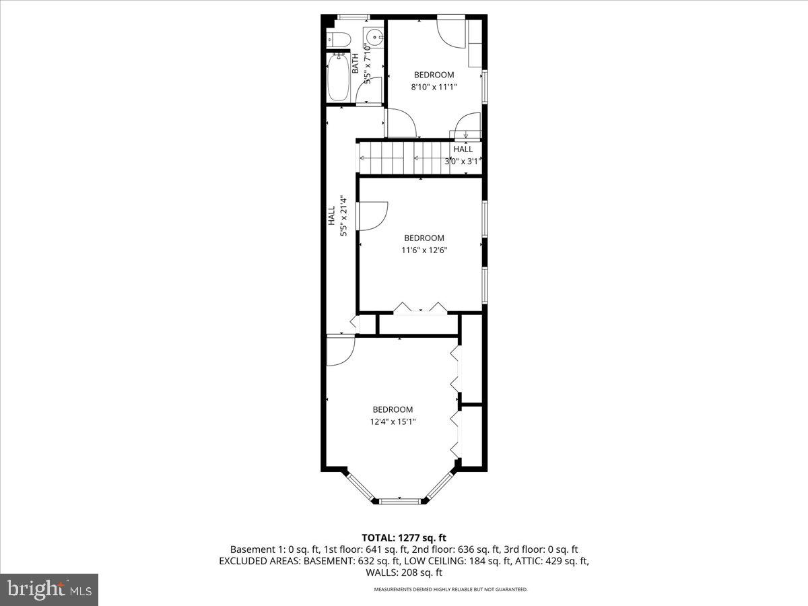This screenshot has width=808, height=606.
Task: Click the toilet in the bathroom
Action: click(337, 39)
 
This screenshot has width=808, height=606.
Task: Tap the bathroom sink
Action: click(373, 36)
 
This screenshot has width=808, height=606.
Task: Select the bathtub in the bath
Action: click(338, 77)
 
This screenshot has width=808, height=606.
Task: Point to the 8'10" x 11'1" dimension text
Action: click(433, 87)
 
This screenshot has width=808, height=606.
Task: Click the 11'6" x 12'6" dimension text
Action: click(424, 250)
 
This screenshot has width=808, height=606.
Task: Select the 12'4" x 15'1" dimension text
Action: click(393, 422)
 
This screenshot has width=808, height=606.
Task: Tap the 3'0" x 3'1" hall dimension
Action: click(463, 161)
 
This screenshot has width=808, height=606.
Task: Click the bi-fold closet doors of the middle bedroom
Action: click(421, 308)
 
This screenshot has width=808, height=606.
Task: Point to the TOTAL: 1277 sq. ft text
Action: click(404, 537)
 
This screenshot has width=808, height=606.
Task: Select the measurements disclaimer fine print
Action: click(451, 589)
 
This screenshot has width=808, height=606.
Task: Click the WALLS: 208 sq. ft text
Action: click(404, 573)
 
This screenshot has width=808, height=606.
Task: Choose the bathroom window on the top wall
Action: click(353, 16)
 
